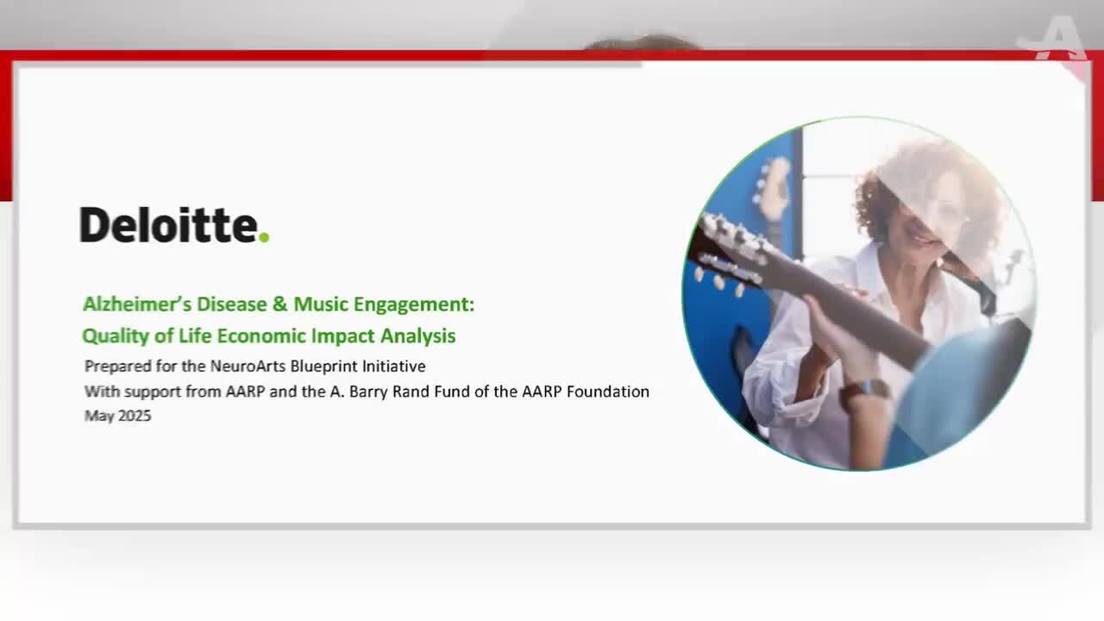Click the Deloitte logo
174,225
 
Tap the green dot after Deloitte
264,237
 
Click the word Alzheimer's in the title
137,304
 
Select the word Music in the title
321,304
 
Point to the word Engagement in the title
411,305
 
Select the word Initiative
394,367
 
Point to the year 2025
135,416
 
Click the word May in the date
99,417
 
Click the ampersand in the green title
279,304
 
